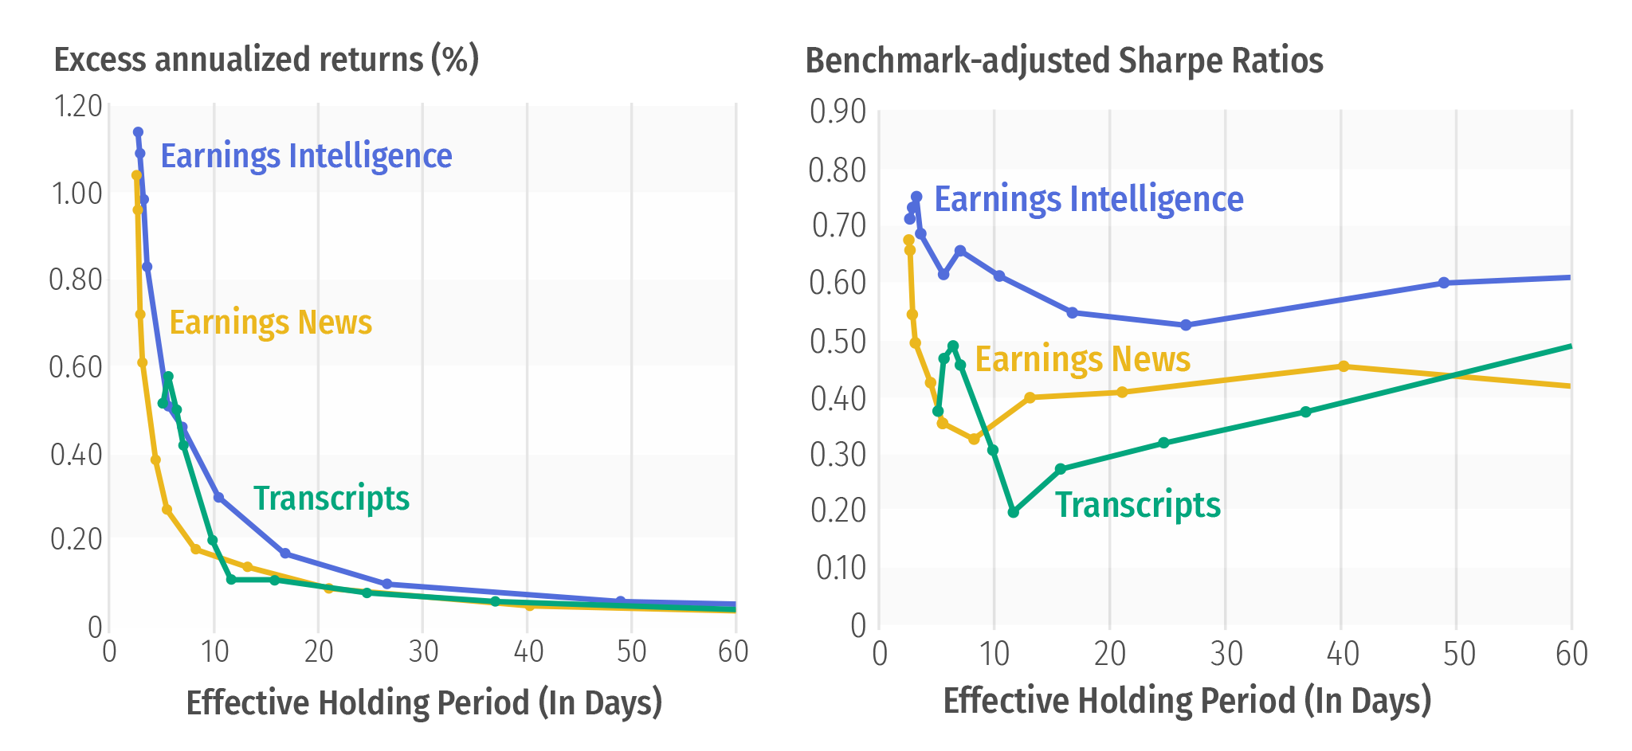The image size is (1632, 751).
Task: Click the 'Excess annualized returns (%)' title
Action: click(x=266, y=60)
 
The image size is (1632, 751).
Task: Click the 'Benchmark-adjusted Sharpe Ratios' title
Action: click(x=1064, y=61)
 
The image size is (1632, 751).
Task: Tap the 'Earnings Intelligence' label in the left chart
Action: click(x=306, y=156)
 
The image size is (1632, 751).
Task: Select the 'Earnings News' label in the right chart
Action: click(x=1082, y=359)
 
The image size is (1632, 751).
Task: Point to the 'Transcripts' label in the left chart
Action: click(x=331, y=499)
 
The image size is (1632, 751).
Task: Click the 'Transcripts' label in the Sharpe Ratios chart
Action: click(x=1137, y=505)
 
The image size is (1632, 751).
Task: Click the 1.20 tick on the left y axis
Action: click(x=76, y=106)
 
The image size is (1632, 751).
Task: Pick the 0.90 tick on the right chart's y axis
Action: click(x=838, y=112)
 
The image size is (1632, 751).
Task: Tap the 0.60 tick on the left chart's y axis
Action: click(x=76, y=367)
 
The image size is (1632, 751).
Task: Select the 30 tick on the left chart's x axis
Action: click(x=423, y=652)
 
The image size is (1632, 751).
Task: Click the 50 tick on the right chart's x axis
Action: click(x=1457, y=655)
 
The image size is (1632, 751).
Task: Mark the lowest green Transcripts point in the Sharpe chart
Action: click(x=1013, y=512)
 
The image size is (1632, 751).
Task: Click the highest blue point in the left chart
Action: click(x=138, y=132)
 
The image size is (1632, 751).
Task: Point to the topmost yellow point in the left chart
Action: click(x=136, y=175)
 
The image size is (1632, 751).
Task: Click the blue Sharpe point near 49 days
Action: click(x=1443, y=283)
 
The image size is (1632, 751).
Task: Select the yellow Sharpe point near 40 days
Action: click(x=1344, y=366)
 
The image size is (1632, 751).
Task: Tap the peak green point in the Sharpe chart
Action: click(x=953, y=346)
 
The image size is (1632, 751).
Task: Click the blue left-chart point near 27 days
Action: click(x=387, y=584)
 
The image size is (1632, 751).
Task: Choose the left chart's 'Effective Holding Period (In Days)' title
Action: click(x=424, y=703)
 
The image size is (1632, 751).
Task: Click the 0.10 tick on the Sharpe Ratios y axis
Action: click(x=840, y=568)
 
